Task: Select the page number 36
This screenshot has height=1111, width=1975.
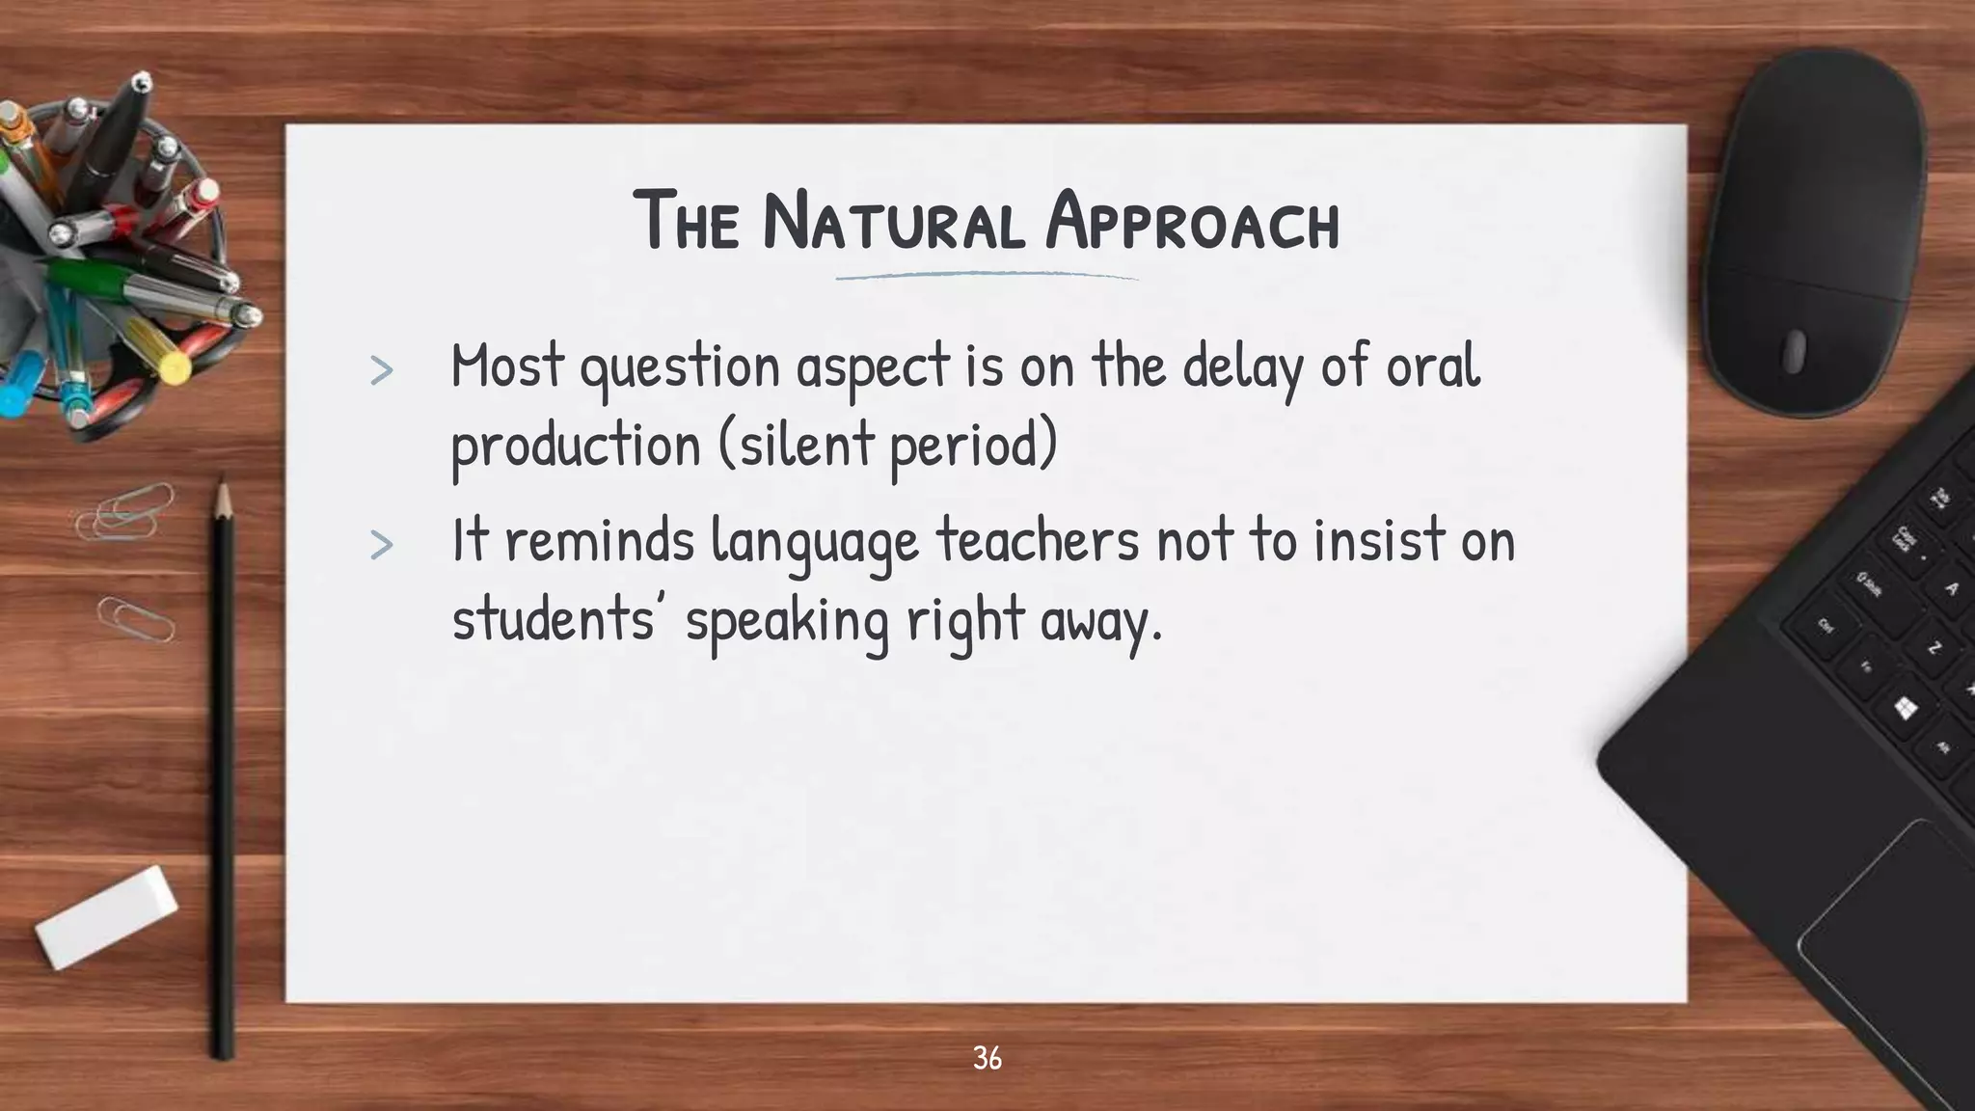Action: click(x=987, y=1058)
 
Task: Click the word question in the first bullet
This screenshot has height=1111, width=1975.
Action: click(x=679, y=367)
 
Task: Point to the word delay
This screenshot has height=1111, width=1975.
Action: click(x=1242, y=367)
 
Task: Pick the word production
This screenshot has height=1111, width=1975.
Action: click(x=576, y=446)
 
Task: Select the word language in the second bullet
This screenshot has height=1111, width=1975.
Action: click(x=815, y=542)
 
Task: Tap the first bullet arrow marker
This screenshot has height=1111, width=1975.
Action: click(x=382, y=370)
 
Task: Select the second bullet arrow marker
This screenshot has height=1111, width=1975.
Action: click(x=382, y=545)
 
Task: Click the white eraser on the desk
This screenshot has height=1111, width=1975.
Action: click(x=106, y=916)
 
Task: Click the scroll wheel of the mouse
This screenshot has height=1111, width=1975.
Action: click(x=1793, y=351)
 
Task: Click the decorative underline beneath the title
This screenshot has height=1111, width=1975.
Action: click(x=987, y=277)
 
